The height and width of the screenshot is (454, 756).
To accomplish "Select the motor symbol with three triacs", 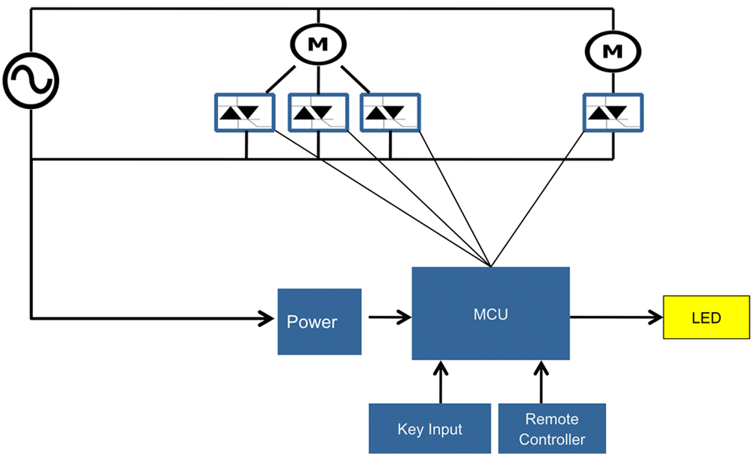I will (x=318, y=44).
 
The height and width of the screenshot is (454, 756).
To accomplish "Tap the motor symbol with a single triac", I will (x=613, y=51).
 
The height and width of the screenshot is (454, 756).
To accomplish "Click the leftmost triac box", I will (x=245, y=113).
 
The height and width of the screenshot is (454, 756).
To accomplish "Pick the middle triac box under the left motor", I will (x=318, y=113).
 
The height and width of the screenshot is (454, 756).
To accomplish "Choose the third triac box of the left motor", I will (x=391, y=113).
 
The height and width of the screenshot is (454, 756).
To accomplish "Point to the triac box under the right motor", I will (x=613, y=113).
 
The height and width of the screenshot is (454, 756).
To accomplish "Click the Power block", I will (x=319, y=322).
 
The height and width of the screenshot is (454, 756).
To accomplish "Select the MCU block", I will (x=491, y=314).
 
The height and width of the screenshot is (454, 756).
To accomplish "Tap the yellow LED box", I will (x=706, y=317).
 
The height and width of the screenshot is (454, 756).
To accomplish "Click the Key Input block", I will (x=430, y=429).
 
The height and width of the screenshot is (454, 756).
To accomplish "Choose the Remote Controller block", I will (x=552, y=429).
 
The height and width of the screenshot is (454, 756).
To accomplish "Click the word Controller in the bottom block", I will (x=552, y=439).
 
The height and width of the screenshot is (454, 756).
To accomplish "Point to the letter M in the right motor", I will (x=613, y=51).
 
